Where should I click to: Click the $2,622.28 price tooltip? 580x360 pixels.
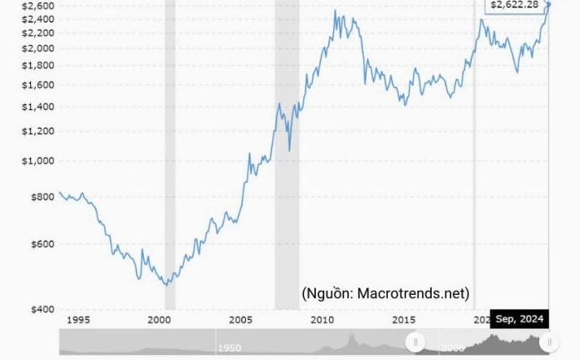coord(516,5)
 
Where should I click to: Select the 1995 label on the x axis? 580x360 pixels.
coord(79,319)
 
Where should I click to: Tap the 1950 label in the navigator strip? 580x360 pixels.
coord(229,348)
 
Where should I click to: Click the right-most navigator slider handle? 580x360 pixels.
coord(550,342)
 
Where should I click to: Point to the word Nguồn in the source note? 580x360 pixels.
coord(329,293)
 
